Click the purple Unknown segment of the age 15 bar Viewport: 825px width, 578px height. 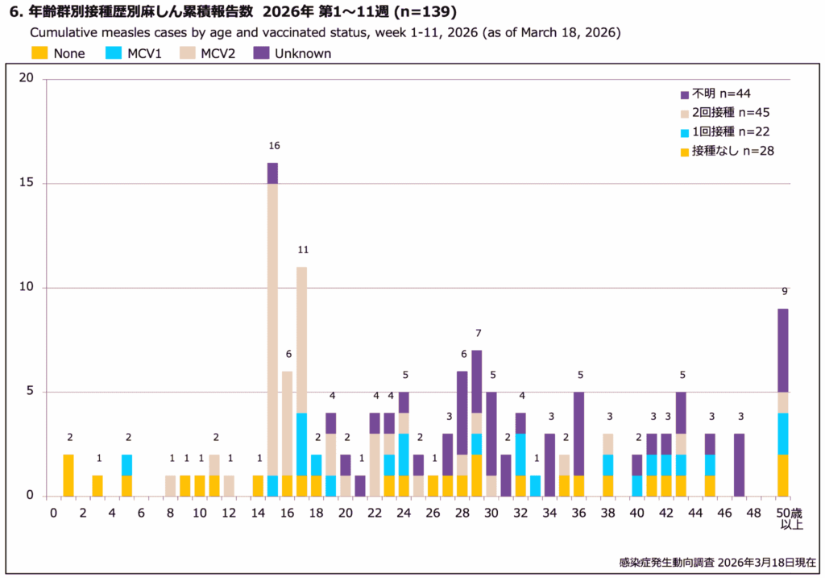[x=272, y=173]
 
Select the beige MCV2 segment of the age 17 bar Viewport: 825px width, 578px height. [x=302, y=339]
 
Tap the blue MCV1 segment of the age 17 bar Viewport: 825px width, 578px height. [x=302, y=443]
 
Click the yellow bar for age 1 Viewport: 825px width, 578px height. [x=68, y=475]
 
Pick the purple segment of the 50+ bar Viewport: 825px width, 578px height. [x=783, y=350]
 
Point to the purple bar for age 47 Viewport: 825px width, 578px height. [x=739, y=464]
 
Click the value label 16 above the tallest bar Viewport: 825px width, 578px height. [x=274, y=146]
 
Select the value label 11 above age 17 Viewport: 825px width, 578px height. [x=303, y=250]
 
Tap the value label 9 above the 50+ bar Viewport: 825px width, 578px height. [x=783, y=292]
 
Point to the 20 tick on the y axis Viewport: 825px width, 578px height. [x=27, y=79]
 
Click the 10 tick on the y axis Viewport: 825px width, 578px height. [x=27, y=288]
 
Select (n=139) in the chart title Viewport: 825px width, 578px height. [x=429, y=12]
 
